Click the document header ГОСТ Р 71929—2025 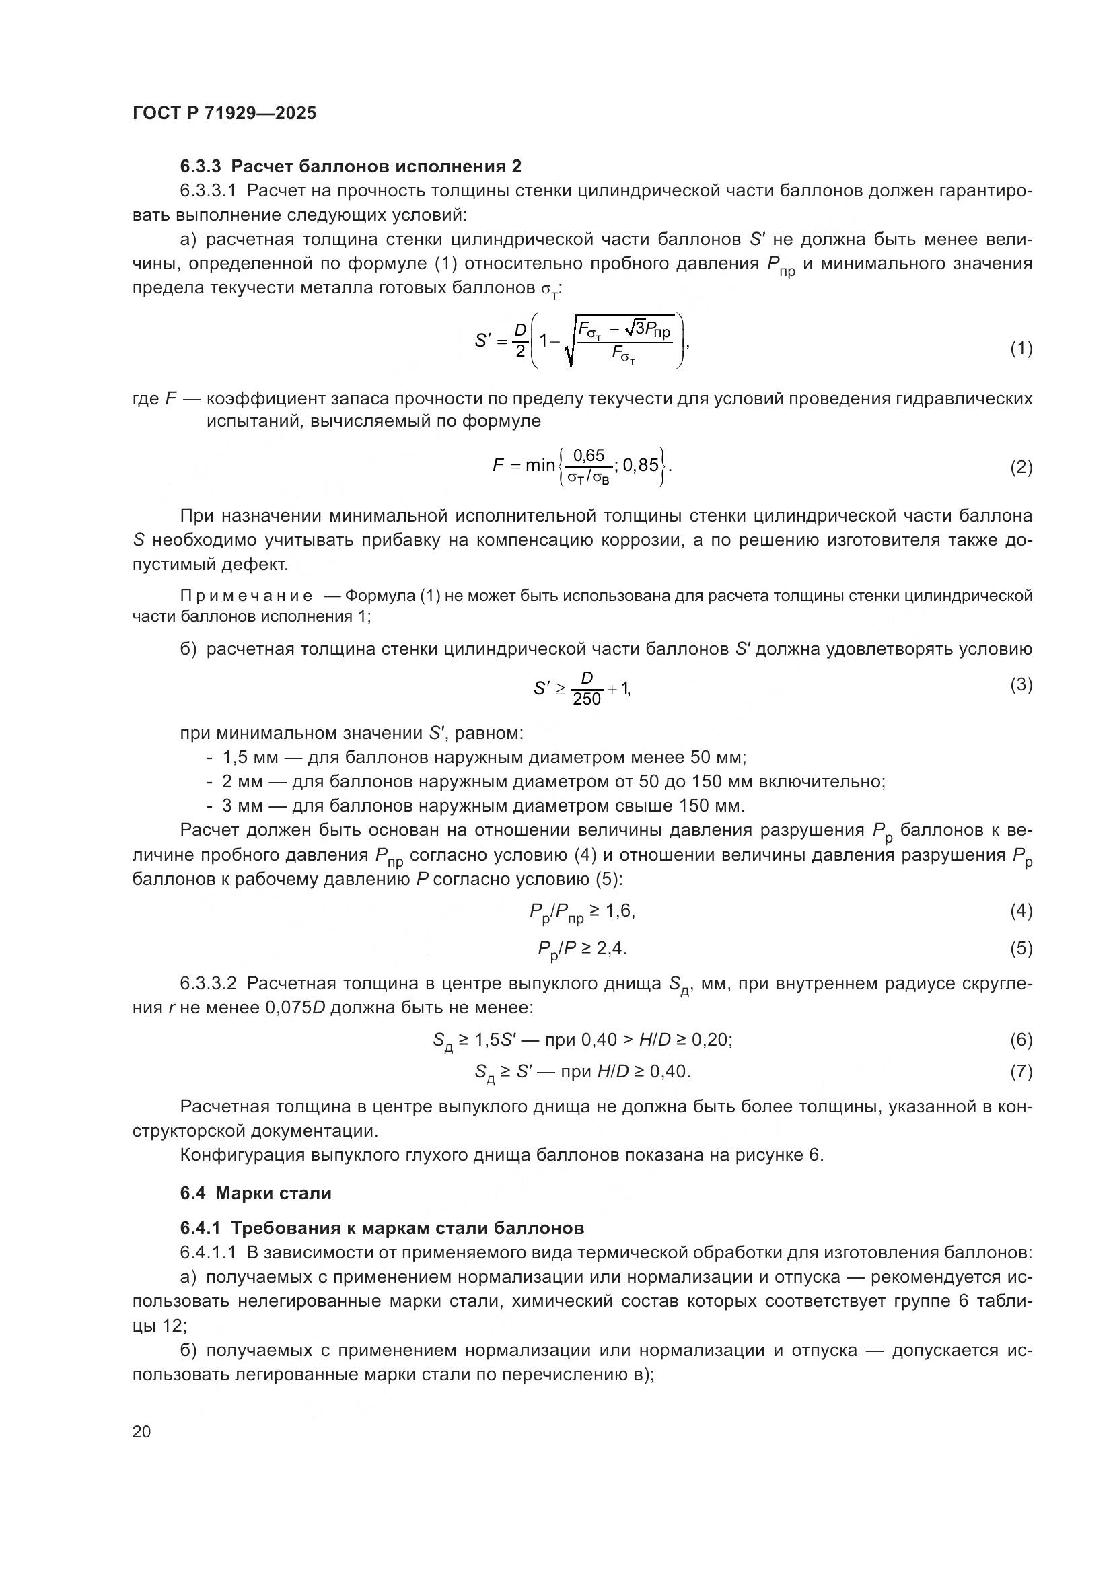(224, 113)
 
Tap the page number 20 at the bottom (141, 1431)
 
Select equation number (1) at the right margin (1021, 349)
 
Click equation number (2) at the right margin (1021, 468)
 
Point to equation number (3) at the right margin (1021, 684)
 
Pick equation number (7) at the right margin (1021, 1071)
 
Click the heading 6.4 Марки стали (256, 1193)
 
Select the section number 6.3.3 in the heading (200, 167)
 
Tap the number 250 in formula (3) (587, 699)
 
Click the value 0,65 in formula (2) (589, 455)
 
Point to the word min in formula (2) (540, 466)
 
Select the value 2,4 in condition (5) (611, 948)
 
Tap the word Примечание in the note (246, 596)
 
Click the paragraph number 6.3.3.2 (209, 984)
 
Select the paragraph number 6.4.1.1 (209, 1252)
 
